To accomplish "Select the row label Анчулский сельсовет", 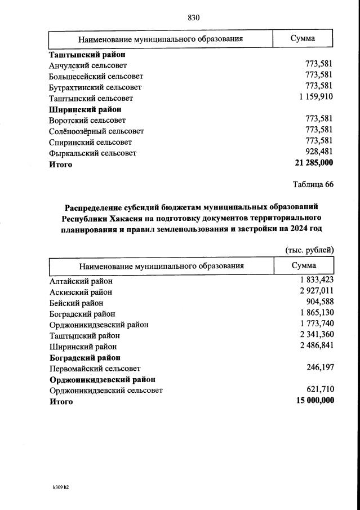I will (x=88, y=65).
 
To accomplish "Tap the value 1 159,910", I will (x=313, y=98).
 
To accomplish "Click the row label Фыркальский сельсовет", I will (x=93, y=153).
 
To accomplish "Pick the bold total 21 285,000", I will (x=310, y=163).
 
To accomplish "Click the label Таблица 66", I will (x=313, y=184).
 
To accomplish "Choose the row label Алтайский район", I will (x=81, y=281).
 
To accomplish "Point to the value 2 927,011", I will (x=313, y=292).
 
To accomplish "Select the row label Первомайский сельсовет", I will (x=95, y=369).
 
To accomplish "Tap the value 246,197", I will (x=319, y=368).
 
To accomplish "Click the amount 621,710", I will (x=319, y=390).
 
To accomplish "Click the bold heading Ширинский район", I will (x=85, y=109).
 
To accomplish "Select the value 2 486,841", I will (x=313, y=347).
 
